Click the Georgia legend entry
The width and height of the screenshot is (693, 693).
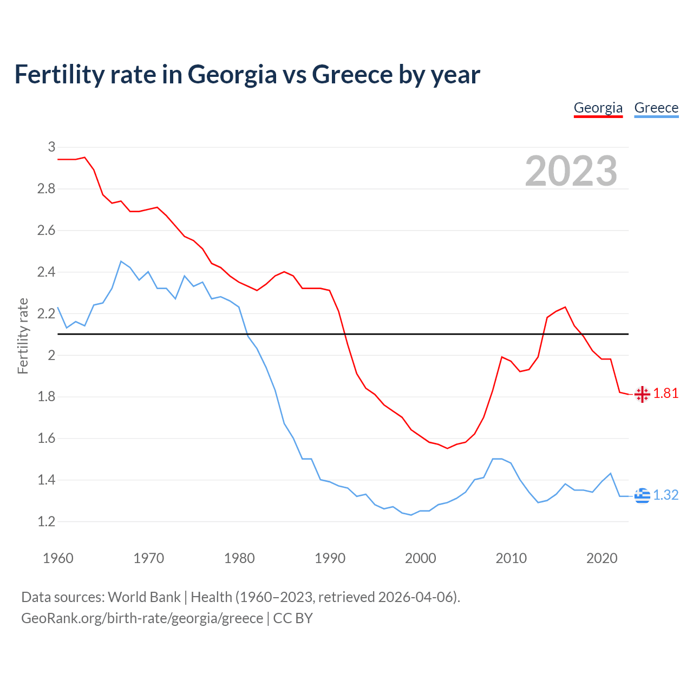coord(598,108)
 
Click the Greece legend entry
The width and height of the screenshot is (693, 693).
coord(656,108)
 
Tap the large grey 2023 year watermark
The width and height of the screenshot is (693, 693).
coord(571,171)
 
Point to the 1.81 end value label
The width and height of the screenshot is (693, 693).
coord(666,394)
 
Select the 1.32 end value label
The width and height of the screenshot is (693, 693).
coord(666,495)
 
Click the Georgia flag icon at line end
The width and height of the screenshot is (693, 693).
coord(642,394)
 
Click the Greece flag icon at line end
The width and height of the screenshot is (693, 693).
coord(642,495)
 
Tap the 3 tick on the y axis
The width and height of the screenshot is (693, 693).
coord(51,147)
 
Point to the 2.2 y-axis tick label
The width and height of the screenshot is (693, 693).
coord(46,313)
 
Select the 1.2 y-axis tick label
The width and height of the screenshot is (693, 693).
coord(46,521)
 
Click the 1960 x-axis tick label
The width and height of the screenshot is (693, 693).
coord(58,558)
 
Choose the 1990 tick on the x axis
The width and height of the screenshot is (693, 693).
coord(330,558)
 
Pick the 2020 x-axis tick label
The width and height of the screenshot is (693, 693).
coord(602,558)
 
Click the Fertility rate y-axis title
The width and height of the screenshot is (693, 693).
coord(23,336)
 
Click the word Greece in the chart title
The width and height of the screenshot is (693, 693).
coord(352,75)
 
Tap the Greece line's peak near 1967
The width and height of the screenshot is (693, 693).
coord(121,261)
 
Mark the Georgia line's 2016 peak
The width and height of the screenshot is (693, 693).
coord(565,307)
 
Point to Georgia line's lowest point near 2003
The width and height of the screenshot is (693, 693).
coord(447,448)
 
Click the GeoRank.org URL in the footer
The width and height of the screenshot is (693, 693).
coord(142,618)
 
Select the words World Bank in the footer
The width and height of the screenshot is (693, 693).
coord(144,597)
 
